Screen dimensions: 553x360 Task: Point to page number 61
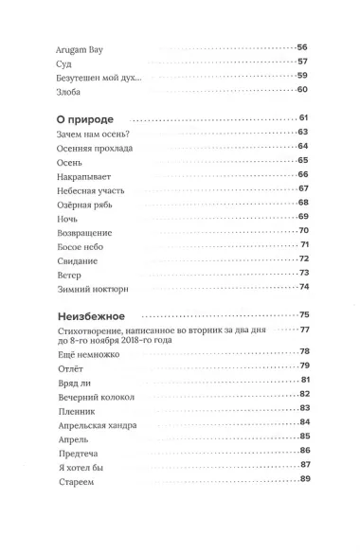(x=304, y=118)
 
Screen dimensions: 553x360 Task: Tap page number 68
(x=304, y=203)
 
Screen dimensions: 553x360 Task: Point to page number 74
(x=304, y=287)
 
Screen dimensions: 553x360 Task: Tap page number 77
(x=305, y=330)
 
